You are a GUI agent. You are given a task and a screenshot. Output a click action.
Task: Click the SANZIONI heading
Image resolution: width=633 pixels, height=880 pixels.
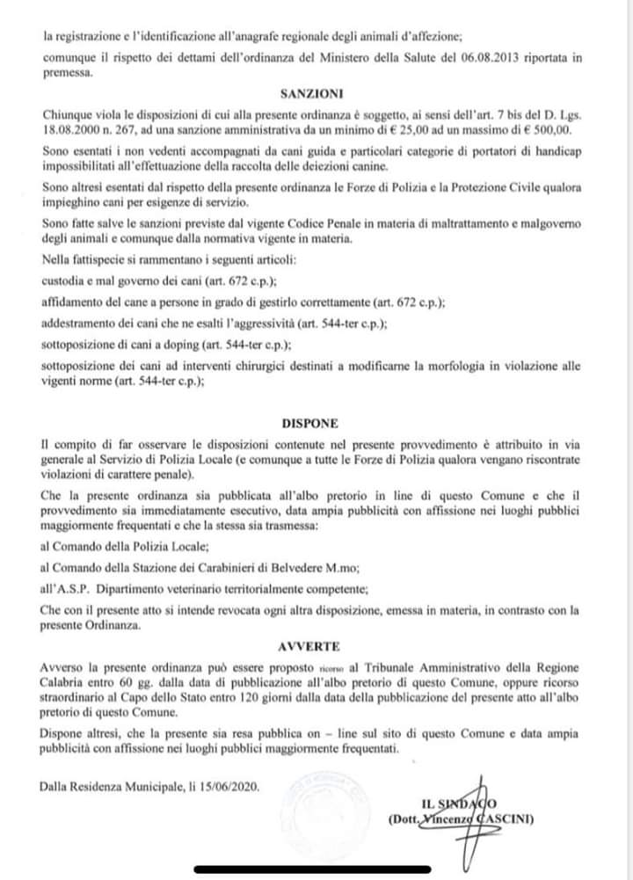point(312,91)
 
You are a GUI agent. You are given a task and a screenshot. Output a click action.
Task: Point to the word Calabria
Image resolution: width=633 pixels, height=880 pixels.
point(69,683)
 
